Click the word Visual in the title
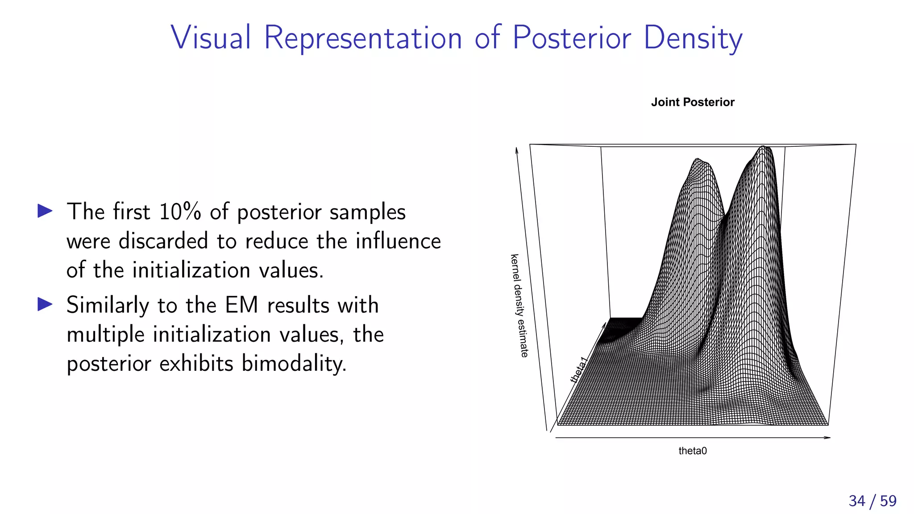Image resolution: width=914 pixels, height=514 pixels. coord(211,37)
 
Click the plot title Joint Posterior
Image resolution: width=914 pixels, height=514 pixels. coord(692,102)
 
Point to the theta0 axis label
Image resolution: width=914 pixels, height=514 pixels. coord(692,451)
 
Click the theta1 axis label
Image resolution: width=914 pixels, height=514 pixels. coord(579,369)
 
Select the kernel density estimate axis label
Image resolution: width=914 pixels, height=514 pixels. coord(519,306)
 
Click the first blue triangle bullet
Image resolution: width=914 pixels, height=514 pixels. coord(45,211)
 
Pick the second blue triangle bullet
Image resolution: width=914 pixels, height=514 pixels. coord(45,304)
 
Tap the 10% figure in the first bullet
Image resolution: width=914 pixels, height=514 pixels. coord(180,211)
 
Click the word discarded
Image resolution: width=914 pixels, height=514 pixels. coord(163,241)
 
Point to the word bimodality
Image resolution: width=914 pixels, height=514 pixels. coord(294,363)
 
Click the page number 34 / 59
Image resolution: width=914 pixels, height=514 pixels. coord(872,501)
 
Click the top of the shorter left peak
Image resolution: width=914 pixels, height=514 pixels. coord(697,159)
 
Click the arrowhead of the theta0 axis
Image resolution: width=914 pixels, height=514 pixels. coord(828,438)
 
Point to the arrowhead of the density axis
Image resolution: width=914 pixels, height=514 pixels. coord(517,149)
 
